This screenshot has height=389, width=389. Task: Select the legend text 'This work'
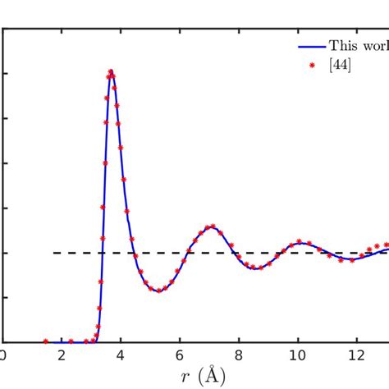click(358, 46)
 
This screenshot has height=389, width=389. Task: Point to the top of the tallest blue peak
click(111, 71)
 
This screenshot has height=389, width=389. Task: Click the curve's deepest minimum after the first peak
click(158, 291)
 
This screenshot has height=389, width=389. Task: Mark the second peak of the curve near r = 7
click(211, 227)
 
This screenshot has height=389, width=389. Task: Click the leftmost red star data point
click(46, 341)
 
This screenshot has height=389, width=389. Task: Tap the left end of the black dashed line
click(54, 253)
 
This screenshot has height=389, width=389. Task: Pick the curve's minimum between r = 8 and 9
click(256, 268)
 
